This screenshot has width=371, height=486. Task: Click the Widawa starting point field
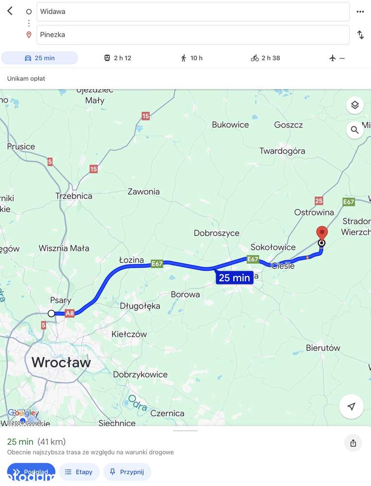pos(193,12)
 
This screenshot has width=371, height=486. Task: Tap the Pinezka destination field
pos(193,35)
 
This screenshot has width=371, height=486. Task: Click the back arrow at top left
pos(10,11)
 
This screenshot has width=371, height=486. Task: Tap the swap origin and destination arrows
pos(360,35)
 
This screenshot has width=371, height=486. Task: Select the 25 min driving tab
pos(39,58)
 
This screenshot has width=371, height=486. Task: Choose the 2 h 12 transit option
pos(118,58)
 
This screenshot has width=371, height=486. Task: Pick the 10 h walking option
pos(192,58)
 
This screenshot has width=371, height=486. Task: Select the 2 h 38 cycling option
pos(265,58)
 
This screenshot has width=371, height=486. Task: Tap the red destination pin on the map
pos(321,233)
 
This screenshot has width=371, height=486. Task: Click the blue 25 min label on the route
pos(234,278)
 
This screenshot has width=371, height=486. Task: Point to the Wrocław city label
pos(61,362)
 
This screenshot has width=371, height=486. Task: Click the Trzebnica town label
pos(74,196)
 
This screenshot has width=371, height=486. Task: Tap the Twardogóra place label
pos(282,151)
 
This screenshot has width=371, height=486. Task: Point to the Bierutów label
pos(323,348)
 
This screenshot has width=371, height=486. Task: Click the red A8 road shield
pos(70,313)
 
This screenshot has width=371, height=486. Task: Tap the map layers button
pos(355,105)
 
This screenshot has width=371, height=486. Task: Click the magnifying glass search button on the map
pos(355,130)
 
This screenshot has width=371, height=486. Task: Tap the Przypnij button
pos(127,472)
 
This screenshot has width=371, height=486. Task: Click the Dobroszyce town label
pos(216,233)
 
